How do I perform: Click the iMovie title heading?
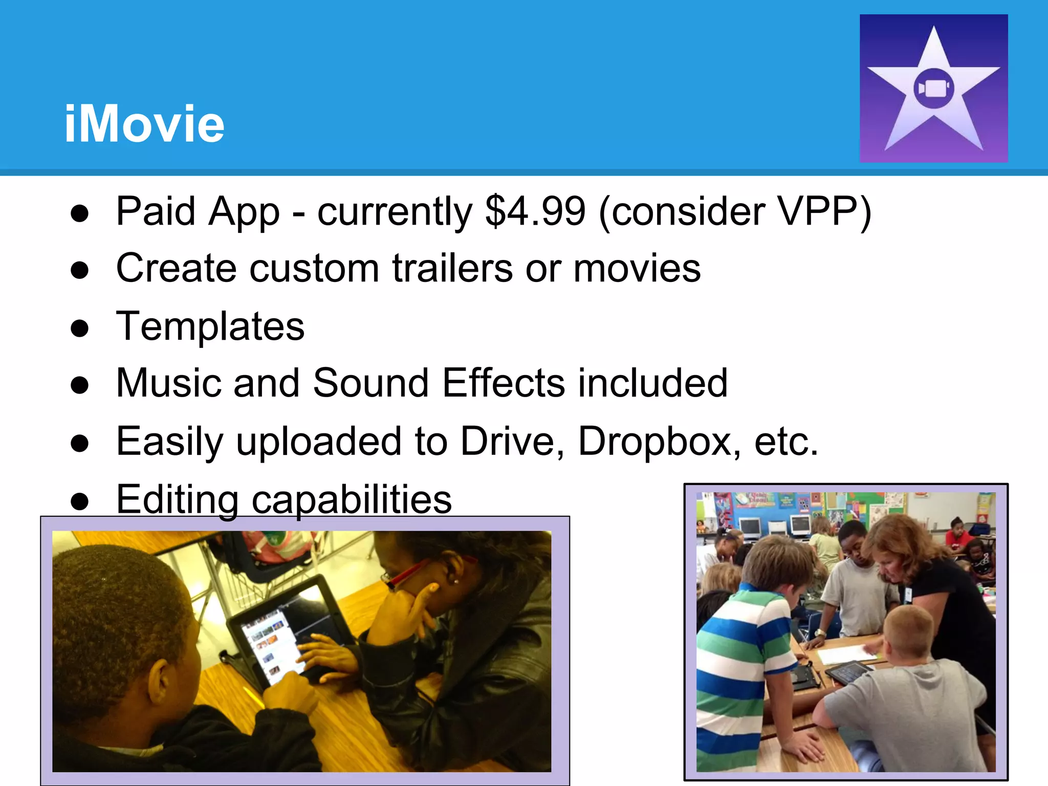pos(144,123)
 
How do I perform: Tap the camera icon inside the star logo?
pos(933,88)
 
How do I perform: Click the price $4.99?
pos(535,211)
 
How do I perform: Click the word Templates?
pos(210,326)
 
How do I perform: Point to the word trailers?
pos(452,268)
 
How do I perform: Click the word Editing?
pos(177,499)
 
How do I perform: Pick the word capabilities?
pos(352,499)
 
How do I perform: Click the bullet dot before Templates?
pos(80,328)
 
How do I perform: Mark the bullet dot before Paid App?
pos(80,213)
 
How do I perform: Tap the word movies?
pos(637,268)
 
